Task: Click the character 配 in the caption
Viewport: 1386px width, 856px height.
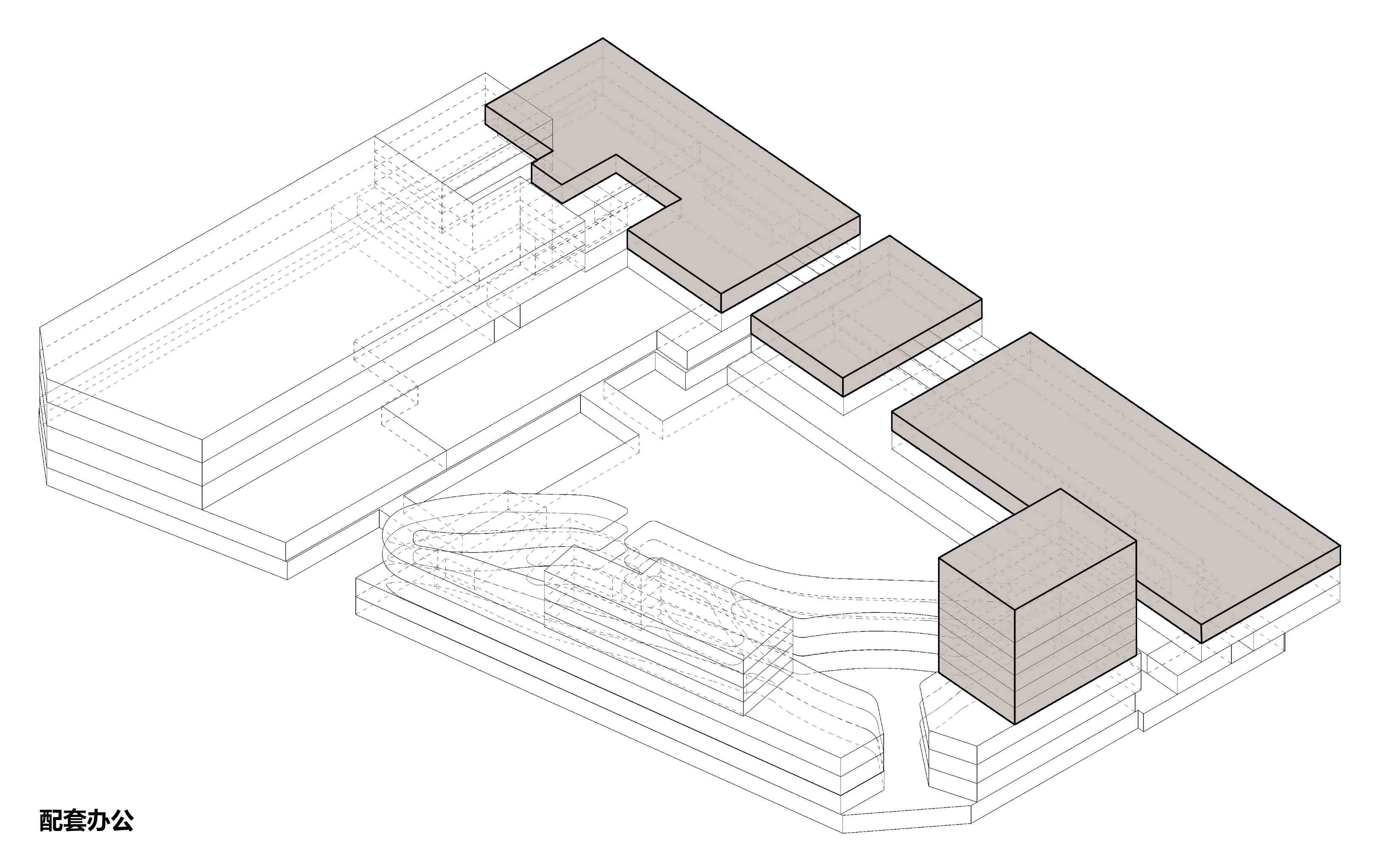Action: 51,820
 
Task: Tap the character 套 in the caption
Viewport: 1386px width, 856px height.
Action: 75,820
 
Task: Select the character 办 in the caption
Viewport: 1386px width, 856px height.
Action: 99,820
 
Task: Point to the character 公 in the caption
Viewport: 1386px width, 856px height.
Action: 122,820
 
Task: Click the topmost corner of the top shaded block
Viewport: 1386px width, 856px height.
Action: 602,39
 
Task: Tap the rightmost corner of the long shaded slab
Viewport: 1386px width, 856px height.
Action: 1340,546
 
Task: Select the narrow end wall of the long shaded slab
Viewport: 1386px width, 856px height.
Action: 1270,595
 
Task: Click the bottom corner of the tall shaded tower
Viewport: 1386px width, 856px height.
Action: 1015,724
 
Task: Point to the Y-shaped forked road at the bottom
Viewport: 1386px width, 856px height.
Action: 901,753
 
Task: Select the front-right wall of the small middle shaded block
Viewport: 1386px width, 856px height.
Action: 913,348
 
